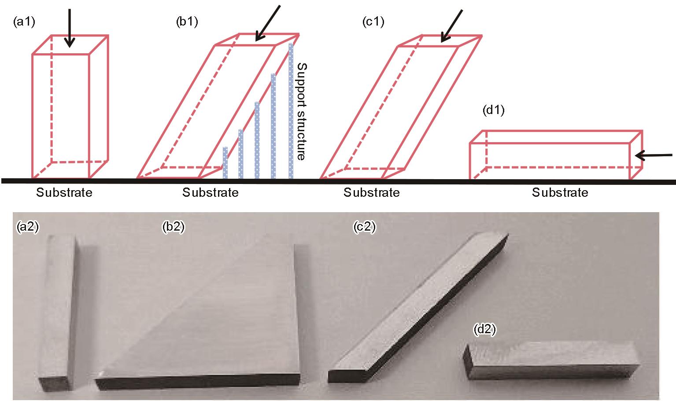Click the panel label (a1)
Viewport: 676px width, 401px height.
[x=24, y=22]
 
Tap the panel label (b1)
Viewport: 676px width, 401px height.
[x=187, y=22]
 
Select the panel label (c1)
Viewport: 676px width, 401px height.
[x=373, y=22]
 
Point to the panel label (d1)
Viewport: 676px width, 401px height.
[x=493, y=110]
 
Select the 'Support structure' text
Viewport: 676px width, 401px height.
[x=301, y=111]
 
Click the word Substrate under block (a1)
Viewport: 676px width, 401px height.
[x=64, y=192]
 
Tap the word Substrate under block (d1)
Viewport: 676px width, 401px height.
[x=560, y=192]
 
